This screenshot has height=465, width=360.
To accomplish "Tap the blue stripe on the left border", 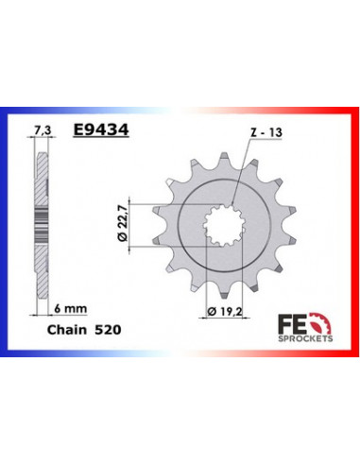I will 5,227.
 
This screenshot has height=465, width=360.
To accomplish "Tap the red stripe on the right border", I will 355,227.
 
